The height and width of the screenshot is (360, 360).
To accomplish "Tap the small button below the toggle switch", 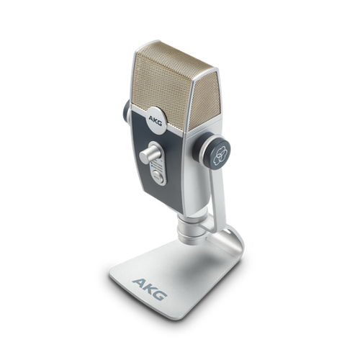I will click(x=157, y=174).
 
